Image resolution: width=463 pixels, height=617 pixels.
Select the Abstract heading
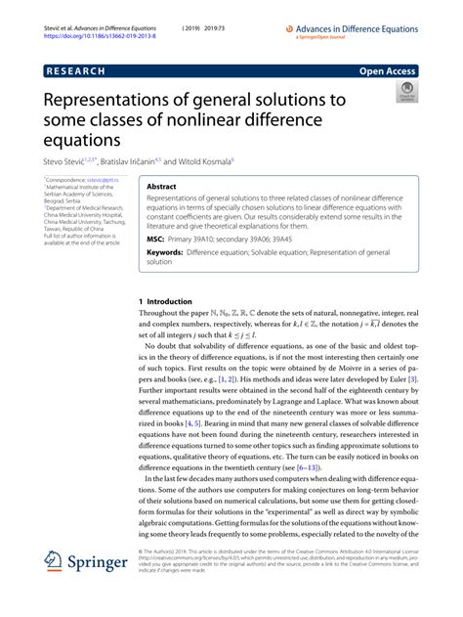tap(161, 185)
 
